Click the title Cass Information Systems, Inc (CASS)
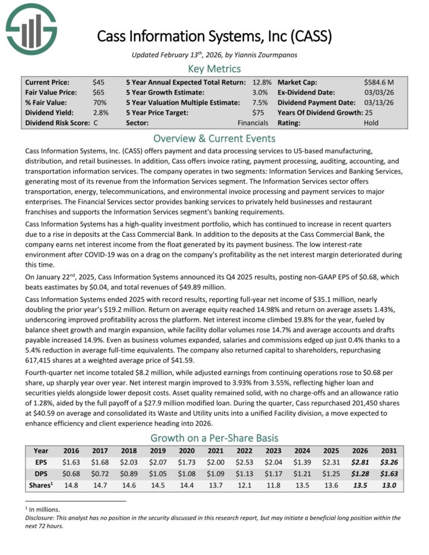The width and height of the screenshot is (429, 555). pyautogui.click(x=214, y=36)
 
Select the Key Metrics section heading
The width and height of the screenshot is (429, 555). pyautogui.click(x=214, y=68)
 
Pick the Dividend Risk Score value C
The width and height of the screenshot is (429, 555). pyautogui.click(x=96, y=123)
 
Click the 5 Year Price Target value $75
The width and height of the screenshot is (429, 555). pyautogui.click(x=260, y=112)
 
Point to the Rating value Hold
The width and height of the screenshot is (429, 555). pyautogui.click(x=371, y=123)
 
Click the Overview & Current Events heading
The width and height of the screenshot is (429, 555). pyautogui.click(x=214, y=138)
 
